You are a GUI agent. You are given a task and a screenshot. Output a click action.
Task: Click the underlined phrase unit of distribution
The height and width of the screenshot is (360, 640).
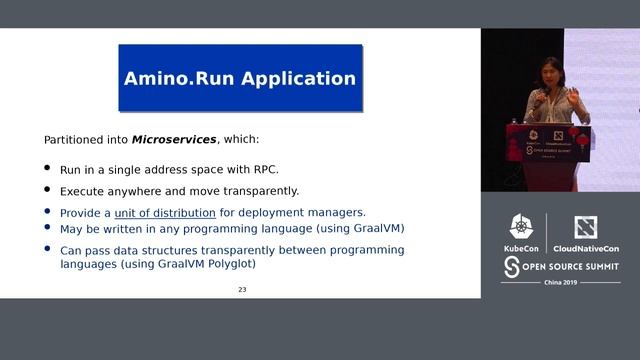pos(165,212)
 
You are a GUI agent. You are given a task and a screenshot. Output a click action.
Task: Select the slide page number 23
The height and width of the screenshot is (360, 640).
pos(241,290)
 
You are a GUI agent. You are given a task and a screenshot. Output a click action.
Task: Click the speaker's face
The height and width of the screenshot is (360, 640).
pos(549,75)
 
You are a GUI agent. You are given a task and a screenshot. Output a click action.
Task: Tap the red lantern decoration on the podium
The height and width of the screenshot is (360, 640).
pos(583,141)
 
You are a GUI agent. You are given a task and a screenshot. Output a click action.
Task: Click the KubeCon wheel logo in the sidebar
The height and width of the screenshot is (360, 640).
pos(522,227)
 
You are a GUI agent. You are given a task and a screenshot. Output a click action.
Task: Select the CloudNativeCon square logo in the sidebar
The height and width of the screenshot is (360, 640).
pos(585,227)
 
